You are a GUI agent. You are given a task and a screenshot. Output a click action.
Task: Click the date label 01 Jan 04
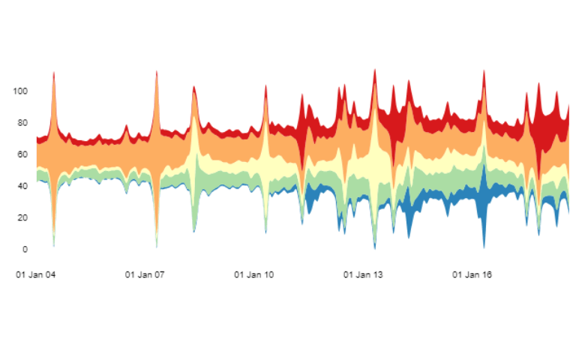click(36, 274)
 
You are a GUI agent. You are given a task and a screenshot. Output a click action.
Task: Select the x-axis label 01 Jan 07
click(145, 274)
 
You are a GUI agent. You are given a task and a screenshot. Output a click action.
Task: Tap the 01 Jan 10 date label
click(254, 274)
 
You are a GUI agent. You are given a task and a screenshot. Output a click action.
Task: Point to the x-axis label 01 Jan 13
click(363, 274)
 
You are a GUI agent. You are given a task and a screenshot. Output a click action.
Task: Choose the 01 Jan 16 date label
click(472, 274)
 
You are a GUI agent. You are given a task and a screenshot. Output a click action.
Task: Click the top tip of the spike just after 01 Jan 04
click(54, 72)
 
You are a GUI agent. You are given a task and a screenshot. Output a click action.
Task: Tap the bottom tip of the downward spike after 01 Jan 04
click(54, 246)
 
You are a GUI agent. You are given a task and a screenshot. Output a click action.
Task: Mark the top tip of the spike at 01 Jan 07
click(157, 71)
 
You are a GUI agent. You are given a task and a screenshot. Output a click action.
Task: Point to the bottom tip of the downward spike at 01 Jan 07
click(157, 247)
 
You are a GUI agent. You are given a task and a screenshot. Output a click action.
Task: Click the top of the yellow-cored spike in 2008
click(194, 85)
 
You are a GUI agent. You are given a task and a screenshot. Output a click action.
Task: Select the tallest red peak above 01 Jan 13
click(375, 69)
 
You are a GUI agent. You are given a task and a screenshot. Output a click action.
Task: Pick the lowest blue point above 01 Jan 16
click(484, 247)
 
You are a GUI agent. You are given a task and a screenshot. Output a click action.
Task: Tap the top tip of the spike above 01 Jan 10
click(266, 85)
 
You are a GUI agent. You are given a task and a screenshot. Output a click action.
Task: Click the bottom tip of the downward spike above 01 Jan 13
click(375, 248)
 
